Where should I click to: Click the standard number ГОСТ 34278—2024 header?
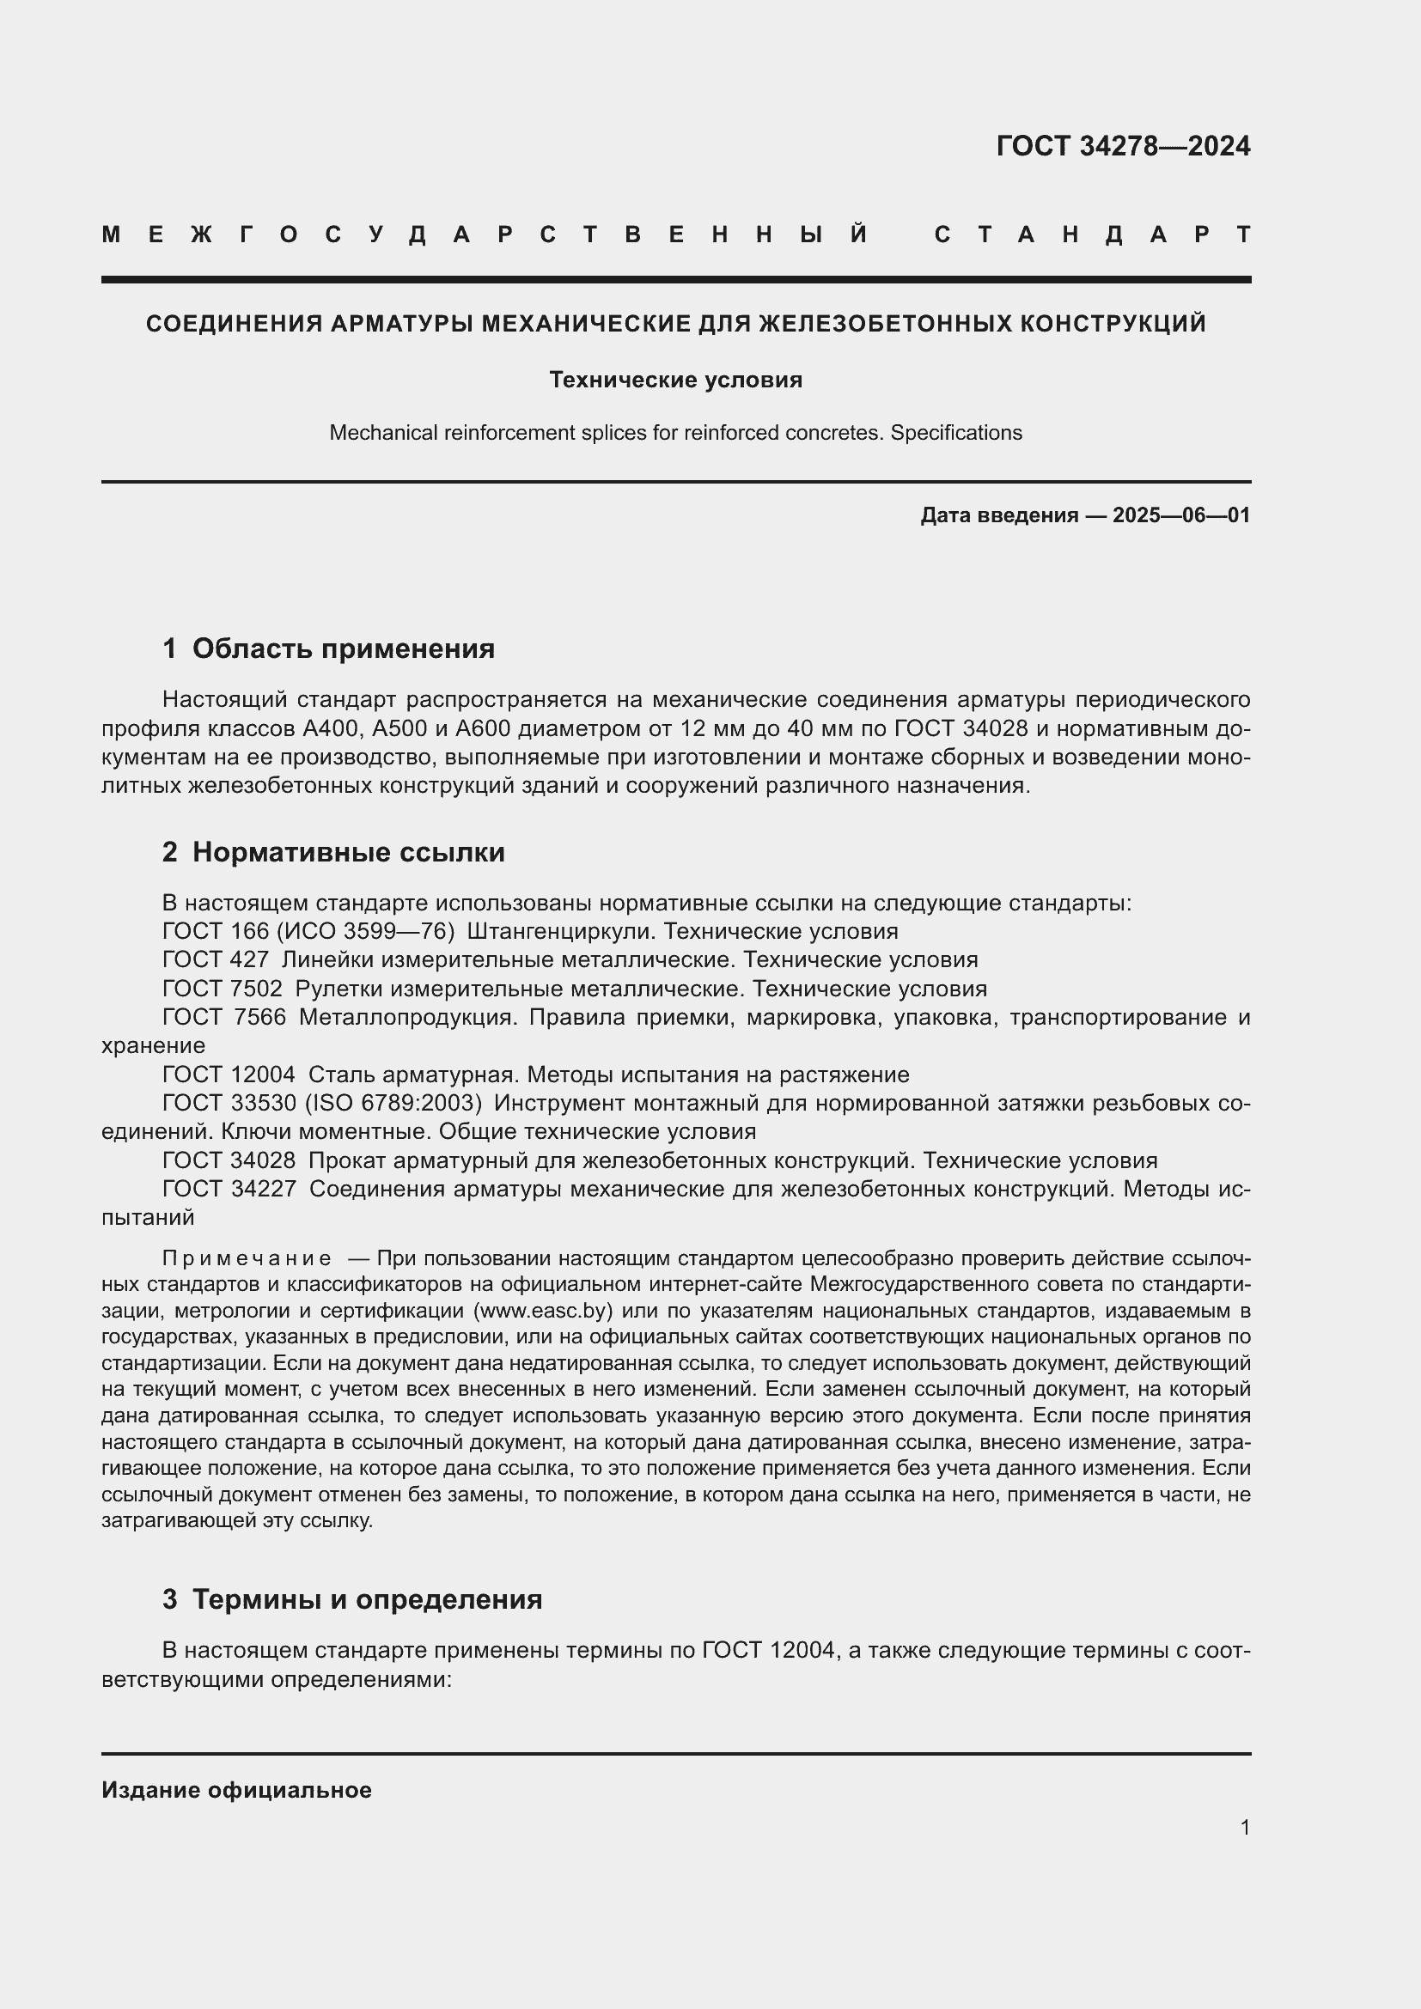click(x=1123, y=146)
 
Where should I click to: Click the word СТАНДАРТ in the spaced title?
click(x=1092, y=234)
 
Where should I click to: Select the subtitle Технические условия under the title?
click(x=675, y=380)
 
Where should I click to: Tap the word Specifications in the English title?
click(x=955, y=432)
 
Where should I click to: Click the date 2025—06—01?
click(x=1180, y=515)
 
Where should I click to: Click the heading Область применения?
click(x=343, y=648)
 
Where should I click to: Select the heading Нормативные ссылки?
click(x=348, y=852)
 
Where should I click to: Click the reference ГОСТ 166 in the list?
click(x=216, y=931)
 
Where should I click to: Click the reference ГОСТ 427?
click(x=216, y=960)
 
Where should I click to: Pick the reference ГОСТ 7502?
click(x=223, y=989)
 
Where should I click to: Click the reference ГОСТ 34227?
click(x=229, y=1189)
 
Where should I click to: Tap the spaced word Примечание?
click(x=247, y=1258)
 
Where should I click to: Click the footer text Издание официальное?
click(x=236, y=1790)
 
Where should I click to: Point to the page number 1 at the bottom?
click(x=1244, y=1827)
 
